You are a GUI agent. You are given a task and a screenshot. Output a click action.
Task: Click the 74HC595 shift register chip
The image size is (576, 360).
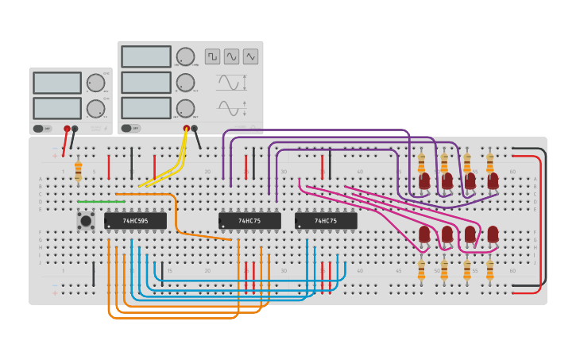(135, 220)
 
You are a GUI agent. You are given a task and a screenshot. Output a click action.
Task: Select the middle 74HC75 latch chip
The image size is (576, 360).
(249, 220)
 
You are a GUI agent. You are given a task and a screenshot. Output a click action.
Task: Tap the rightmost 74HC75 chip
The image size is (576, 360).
(326, 220)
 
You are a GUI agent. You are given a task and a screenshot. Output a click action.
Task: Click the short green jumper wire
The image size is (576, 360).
(101, 202)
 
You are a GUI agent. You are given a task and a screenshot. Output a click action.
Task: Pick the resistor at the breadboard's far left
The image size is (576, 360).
(78, 169)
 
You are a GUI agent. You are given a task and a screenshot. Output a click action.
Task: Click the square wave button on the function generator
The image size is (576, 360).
(212, 56)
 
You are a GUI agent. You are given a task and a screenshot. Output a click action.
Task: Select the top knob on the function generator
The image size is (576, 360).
(185, 56)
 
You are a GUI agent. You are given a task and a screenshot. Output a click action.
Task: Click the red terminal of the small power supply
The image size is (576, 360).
(67, 128)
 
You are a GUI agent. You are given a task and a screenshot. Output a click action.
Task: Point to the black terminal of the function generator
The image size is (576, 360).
(194, 128)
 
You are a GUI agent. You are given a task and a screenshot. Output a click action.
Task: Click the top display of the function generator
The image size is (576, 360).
(146, 56)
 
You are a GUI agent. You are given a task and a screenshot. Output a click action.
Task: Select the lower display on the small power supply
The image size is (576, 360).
(57, 108)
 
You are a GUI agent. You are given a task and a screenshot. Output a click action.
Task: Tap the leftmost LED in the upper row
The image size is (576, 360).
(424, 181)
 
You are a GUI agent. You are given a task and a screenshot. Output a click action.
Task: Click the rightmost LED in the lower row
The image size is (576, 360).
(493, 234)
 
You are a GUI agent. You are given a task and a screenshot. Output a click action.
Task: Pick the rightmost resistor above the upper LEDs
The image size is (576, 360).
(489, 163)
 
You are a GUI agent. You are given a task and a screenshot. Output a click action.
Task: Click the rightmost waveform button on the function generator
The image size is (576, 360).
(250, 56)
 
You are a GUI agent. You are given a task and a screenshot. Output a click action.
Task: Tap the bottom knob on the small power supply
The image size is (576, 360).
(95, 108)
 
